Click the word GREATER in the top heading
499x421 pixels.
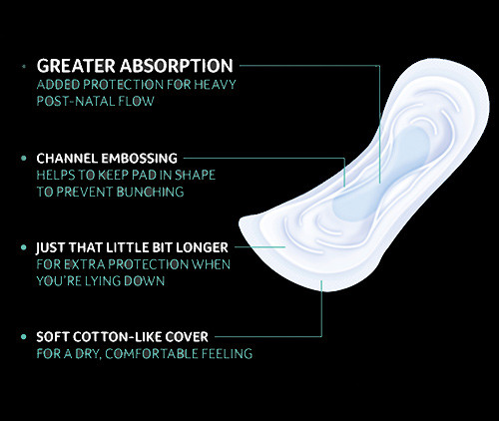(76, 66)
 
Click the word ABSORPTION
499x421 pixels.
(177, 66)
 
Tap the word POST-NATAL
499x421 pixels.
(75, 101)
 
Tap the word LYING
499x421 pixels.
(102, 281)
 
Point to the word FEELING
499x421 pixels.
(228, 354)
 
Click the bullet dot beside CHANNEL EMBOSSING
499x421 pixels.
(24, 159)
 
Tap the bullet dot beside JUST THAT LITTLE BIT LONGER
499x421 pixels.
(24, 247)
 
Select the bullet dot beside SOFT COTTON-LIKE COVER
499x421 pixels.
(24, 337)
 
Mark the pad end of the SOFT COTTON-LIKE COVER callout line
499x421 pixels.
(321, 280)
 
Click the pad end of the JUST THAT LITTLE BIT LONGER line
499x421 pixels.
(285, 247)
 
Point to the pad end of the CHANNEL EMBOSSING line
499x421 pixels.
(344, 187)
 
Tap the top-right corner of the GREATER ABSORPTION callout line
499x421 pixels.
(379, 66)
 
